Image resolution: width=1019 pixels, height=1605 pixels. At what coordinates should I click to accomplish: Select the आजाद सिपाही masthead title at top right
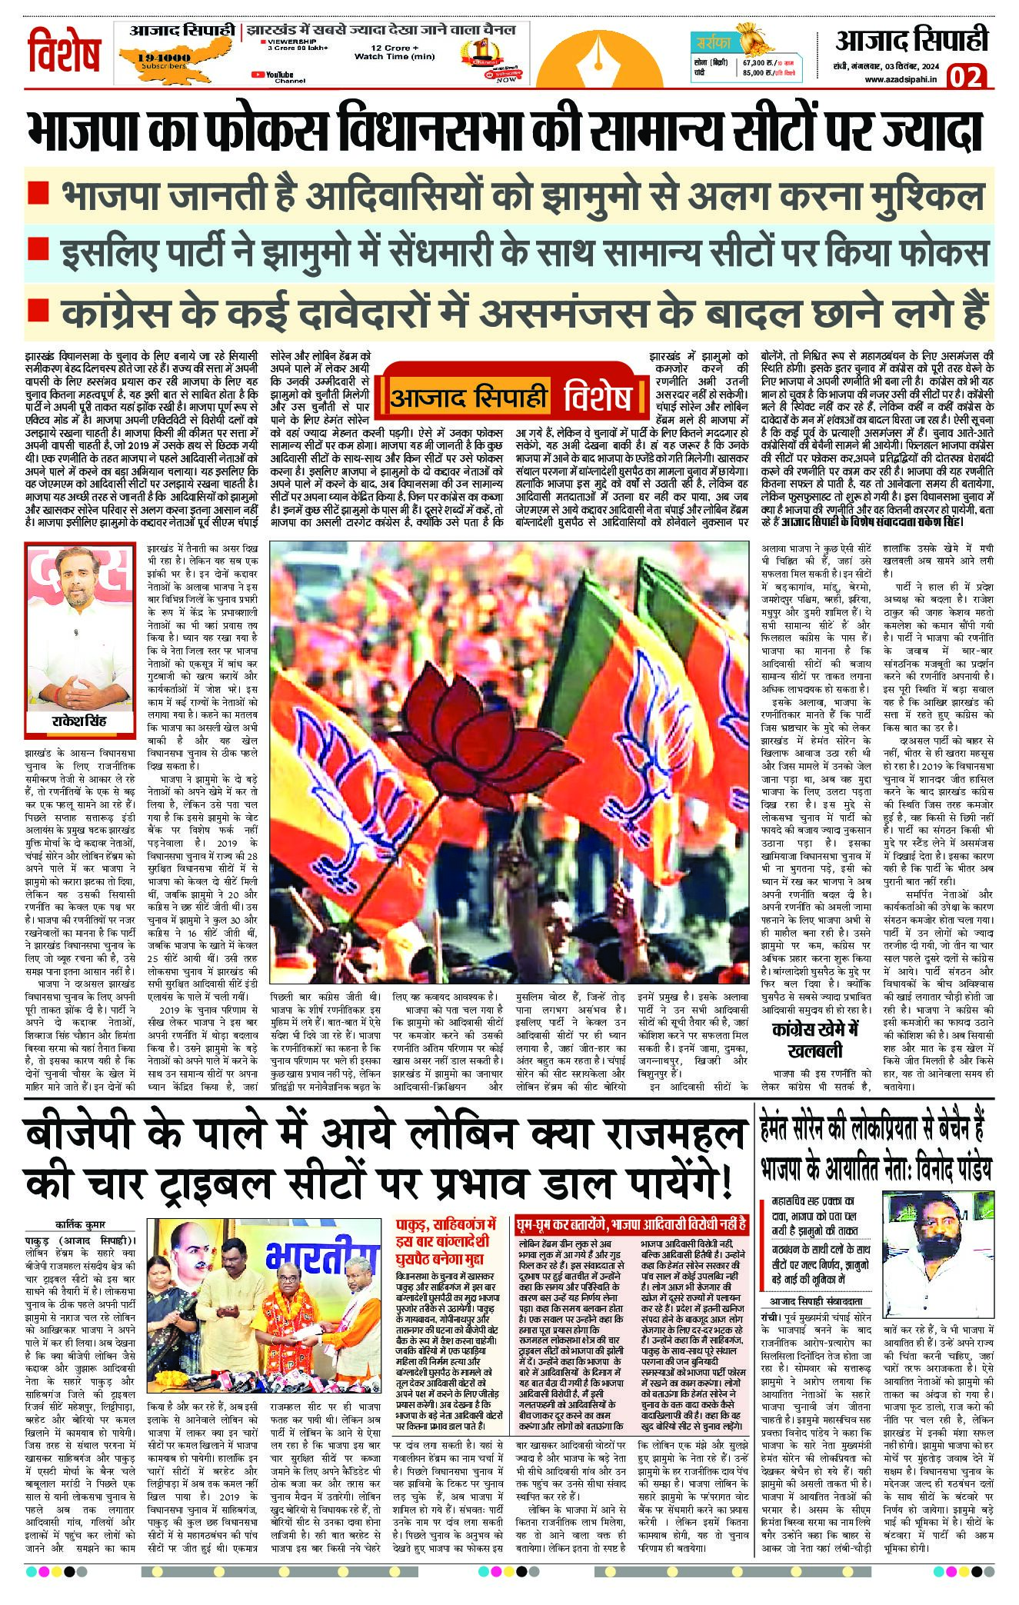coord(912,40)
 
